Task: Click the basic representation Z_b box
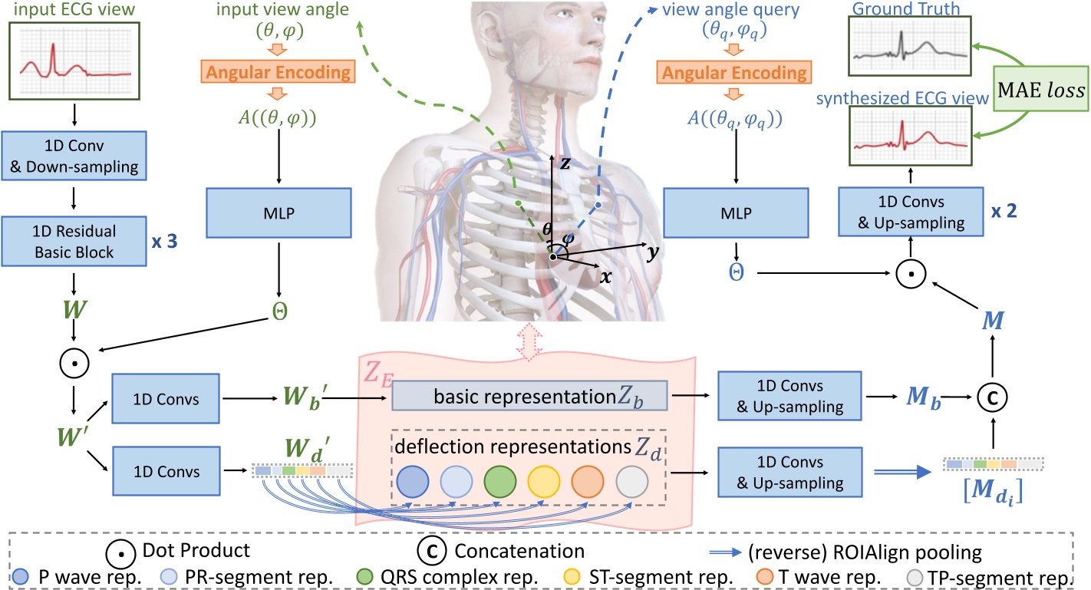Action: tap(530, 397)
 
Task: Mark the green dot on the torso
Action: tap(519, 203)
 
